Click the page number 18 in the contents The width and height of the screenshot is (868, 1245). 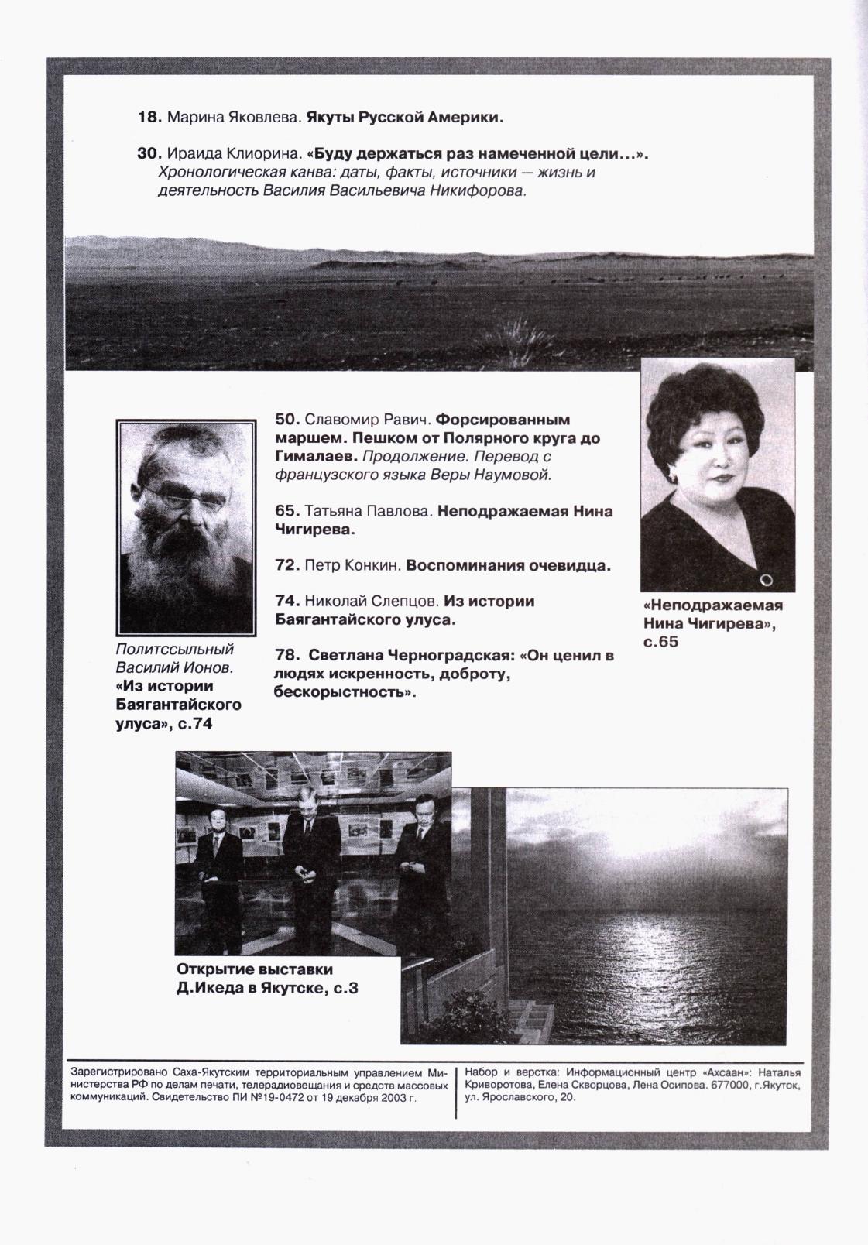point(147,118)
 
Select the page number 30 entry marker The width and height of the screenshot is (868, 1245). point(148,154)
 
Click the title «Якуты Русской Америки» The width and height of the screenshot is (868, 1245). point(405,118)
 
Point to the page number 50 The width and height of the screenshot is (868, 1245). point(286,420)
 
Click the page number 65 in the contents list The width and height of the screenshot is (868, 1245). point(286,511)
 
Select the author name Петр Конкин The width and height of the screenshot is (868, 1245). point(352,566)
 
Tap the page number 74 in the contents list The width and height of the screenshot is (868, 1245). point(286,601)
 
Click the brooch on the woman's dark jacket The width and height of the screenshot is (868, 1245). point(766,578)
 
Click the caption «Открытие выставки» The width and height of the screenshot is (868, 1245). point(255,969)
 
